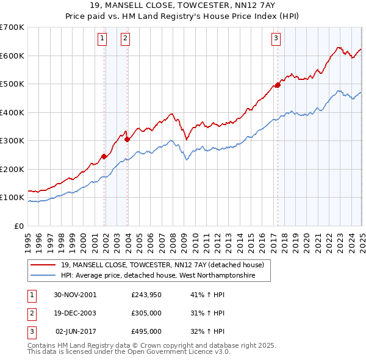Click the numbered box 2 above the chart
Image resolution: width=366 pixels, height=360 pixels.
click(124, 38)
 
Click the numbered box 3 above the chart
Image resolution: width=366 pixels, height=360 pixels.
click(276, 38)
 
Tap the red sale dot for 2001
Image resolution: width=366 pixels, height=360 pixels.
click(104, 156)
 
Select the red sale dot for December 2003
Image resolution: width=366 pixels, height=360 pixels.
click(127, 139)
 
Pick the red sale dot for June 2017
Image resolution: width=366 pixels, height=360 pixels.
click(278, 85)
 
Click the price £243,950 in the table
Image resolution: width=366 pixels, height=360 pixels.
click(146, 295)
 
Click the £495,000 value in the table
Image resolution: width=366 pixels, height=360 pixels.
click(146, 331)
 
